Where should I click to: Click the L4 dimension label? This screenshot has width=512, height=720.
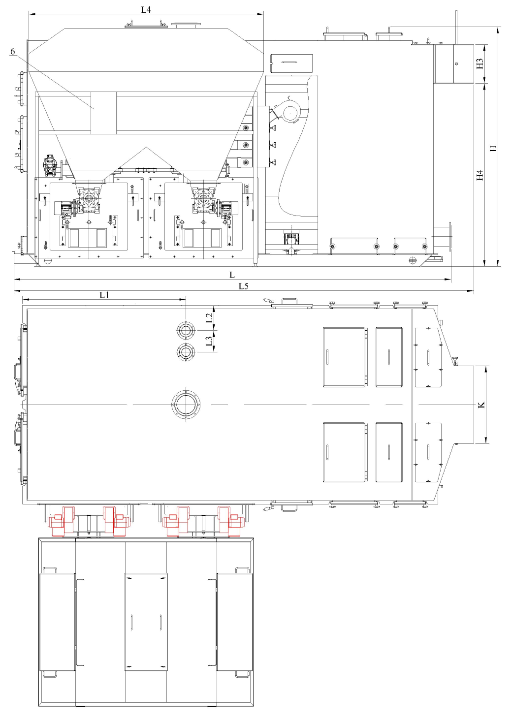pos(146,10)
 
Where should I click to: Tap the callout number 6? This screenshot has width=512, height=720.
pos(12,51)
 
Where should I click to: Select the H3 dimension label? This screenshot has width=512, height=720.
pos(480,63)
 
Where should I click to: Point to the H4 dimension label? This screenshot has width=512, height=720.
pos(480,175)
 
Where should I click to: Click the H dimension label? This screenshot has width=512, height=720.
pos(493,148)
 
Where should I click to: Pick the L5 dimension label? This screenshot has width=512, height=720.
pos(244,286)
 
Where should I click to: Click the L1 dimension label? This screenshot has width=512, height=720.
pos(104,295)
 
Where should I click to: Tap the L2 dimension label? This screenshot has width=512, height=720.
pos(209,318)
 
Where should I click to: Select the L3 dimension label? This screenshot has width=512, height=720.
pos(209,341)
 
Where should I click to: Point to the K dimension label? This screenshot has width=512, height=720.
pos(481,405)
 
